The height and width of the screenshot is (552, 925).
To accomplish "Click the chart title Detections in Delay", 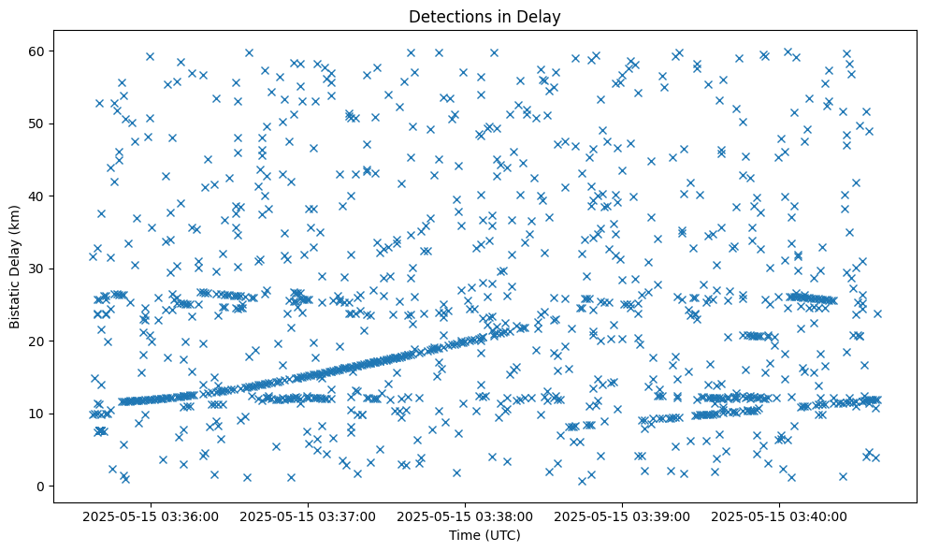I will (484, 17).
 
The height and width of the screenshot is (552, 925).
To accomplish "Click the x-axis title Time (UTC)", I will (484, 535).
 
